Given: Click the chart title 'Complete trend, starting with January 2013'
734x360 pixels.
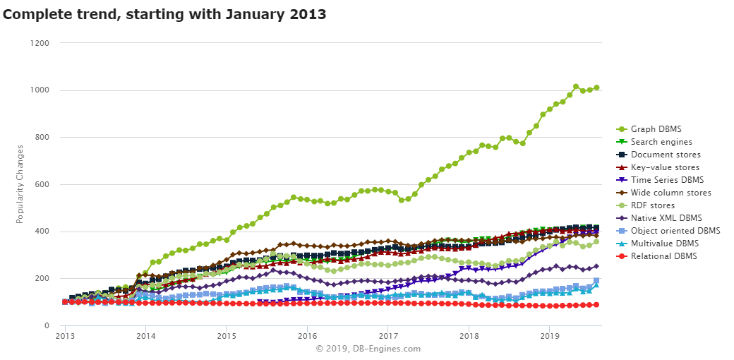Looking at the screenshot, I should tap(164, 13).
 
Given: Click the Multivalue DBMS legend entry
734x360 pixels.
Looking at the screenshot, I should tap(665, 244).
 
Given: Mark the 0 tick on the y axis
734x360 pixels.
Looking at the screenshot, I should tap(47, 325).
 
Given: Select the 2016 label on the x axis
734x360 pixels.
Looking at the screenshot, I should tap(307, 336).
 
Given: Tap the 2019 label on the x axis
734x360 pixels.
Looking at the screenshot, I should tap(549, 336).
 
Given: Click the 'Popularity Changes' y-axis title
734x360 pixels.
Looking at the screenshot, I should tap(20, 184).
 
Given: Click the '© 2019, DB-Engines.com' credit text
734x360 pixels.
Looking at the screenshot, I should tap(368, 349).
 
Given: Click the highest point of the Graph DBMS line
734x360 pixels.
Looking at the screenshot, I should tap(576, 87).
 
